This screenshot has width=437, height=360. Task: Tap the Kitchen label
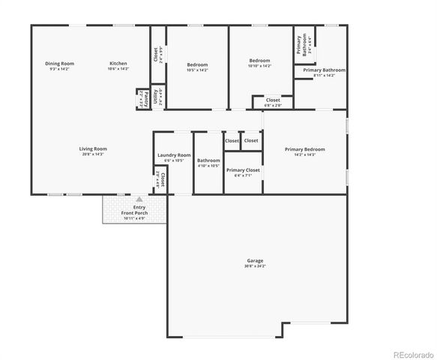click(118, 64)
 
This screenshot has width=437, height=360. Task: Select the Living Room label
click(93, 148)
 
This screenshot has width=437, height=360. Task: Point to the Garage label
click(255, 261)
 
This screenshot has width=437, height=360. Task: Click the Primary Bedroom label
click(304, 149)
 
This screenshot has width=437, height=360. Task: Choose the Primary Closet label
click(243, 170)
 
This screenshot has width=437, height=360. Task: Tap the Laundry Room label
click(174, 155)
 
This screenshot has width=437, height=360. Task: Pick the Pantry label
click(140, 98)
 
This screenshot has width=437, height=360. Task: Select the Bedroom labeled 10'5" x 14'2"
click(197, 65)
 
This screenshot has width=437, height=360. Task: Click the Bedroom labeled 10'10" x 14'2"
click(259, 61)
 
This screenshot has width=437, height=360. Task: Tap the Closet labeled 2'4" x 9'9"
click(156, 55)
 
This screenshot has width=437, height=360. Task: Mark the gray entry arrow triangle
click(139, 199)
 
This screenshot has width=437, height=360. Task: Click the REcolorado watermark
click(409, 354)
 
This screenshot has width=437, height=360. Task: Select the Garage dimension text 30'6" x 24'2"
click(255, 266)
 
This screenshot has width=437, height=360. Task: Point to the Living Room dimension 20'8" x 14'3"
click(93, 154)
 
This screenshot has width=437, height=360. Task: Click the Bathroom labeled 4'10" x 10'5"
click(208, 160)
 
